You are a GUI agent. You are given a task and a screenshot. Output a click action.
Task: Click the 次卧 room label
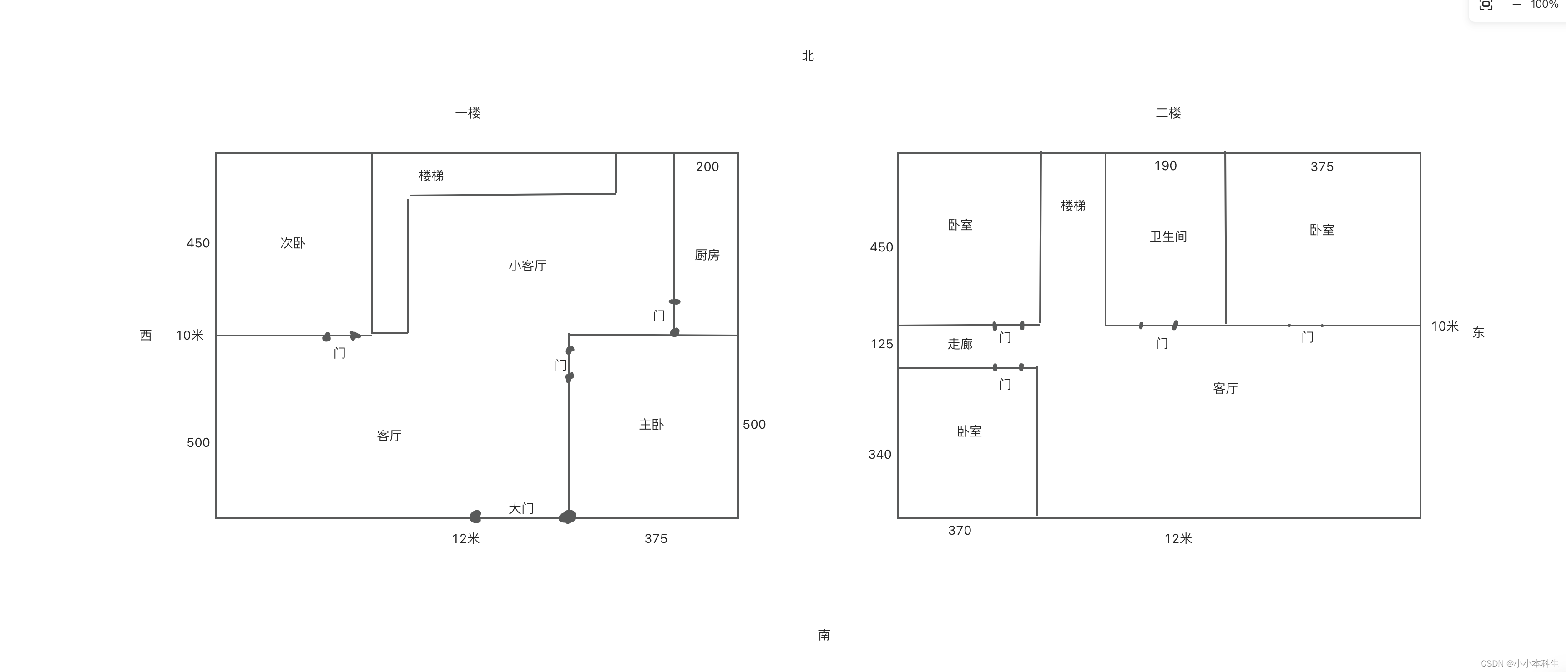[x=293, y=243]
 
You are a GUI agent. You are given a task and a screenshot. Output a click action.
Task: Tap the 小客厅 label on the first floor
[x=527, y=266]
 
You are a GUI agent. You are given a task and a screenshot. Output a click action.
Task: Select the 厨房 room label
[x=707, y=255]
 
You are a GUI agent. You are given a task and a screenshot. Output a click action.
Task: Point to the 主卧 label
[x=651, y=424]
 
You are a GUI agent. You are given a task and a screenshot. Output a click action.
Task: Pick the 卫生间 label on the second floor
[x=1168, y=236]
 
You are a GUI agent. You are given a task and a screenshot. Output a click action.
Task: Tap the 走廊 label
[x=960, y=344]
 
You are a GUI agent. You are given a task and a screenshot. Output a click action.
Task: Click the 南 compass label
[x=824, y=635]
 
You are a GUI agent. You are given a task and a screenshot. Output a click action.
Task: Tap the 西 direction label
[x=145, y=336]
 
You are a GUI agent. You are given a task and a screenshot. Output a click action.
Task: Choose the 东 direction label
[x=1478, y=332]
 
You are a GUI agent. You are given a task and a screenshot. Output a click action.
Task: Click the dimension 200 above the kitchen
[x=707, y=166]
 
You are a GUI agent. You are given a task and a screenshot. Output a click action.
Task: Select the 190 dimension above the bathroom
[x=1165, y=166]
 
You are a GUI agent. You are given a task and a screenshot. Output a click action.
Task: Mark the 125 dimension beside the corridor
[x=881, y=344]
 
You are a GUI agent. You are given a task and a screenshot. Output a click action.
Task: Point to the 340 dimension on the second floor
[x=879, y=455]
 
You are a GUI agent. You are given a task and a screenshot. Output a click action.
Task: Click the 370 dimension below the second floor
[x=959, y=531]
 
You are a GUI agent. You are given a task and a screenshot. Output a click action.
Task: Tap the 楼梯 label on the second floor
[x=1073, y=206]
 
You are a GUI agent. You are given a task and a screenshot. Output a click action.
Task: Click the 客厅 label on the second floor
[x=1225, y=388]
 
